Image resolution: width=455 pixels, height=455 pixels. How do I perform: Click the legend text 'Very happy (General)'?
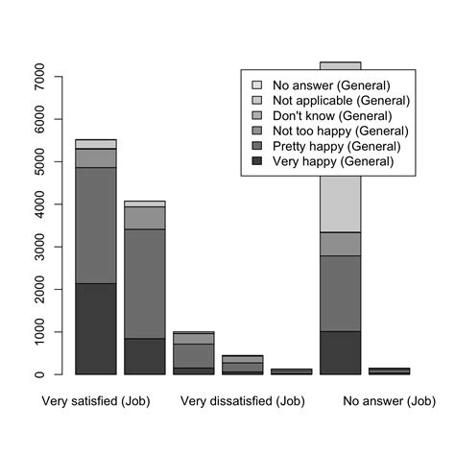point(332,161)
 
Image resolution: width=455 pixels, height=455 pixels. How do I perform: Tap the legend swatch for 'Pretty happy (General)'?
point(256,146)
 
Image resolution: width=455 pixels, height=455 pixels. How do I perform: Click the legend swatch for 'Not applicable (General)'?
point(256,100)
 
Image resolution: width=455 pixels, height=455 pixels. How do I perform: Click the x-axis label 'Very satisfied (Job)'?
point(96,401)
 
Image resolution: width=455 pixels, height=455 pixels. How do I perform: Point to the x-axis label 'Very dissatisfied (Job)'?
point(242,401)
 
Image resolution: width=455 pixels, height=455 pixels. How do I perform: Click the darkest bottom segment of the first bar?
point(96,328)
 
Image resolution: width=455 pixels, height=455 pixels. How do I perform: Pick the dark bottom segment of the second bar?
point(145,356)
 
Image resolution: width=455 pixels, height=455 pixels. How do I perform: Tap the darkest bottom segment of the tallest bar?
point(340,352)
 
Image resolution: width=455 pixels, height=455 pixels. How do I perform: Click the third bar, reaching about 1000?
point(194,354)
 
